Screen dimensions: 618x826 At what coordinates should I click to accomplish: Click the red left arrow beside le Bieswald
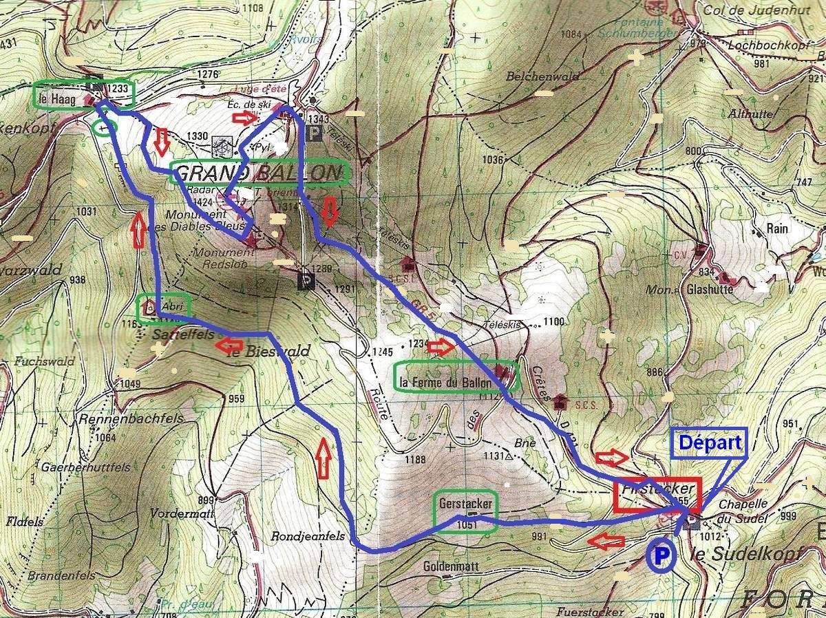(228, 345)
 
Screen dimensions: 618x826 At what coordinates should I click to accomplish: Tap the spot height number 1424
(202, 201)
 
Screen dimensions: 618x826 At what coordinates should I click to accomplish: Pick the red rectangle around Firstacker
(657, 496)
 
